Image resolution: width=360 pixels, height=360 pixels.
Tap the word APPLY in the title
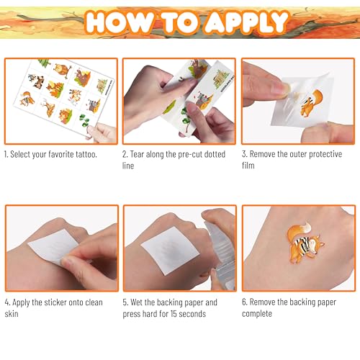click(246, 22)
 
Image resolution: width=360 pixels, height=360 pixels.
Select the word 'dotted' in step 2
click(215, 154)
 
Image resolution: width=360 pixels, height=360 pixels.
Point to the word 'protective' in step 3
click(325, 154)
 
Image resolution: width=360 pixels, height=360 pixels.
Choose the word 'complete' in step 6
click(257, 314)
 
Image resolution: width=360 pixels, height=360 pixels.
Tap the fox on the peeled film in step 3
click(311, 103)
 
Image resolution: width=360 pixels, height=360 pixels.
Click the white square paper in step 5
click(170, 250)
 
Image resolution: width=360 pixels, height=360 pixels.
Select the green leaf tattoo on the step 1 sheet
click(84, 120)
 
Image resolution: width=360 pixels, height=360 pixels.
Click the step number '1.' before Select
click(6, 154)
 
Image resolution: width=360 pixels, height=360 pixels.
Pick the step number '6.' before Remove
click(245, 302)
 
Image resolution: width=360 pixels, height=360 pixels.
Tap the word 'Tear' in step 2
click(137, 154)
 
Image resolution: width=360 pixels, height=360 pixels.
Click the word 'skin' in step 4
click(12, 314)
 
